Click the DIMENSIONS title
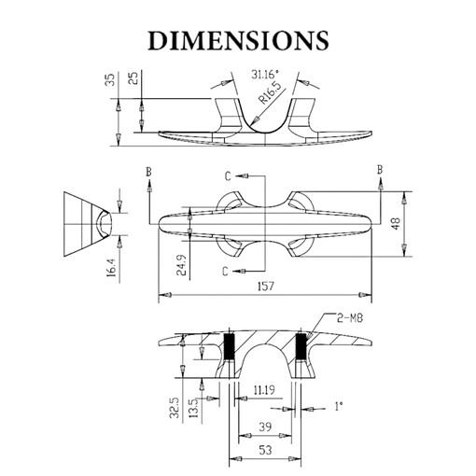coord(238,40)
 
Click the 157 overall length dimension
coord(265,286)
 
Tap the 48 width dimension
coord(396,224)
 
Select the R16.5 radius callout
coord(270,92)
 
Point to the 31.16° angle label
coord(265,75)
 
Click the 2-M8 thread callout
coord(350,318)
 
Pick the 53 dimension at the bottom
coord(265,450)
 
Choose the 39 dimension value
coord(265,427)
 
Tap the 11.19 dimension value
coord(264,390)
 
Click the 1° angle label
coord(339,406)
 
